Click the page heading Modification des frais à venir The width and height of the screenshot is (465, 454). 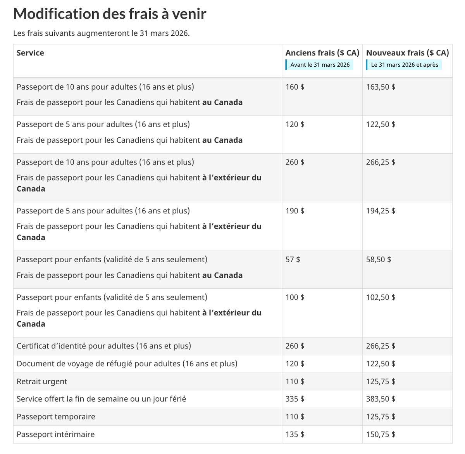point(110,14)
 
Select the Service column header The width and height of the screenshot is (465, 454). point(30,53)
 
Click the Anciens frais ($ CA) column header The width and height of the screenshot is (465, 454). point(322,53)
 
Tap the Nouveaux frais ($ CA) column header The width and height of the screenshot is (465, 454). point(407,53)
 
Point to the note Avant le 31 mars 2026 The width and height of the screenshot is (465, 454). point(320,65)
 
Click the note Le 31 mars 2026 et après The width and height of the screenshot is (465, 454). point(404,65)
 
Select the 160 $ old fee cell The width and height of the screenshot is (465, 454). point(295,87)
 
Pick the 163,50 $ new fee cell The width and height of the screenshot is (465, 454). point(381,87)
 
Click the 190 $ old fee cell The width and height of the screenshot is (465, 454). point(295,211)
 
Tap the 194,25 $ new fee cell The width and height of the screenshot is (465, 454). point(381,211)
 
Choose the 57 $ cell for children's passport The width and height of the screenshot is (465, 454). point(293,260)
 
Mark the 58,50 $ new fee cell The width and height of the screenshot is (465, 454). point(378,260)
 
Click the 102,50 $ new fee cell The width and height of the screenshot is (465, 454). point(381,298)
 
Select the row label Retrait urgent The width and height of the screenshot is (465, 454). point(42,382)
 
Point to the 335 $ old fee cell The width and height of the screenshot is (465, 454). point(295,399)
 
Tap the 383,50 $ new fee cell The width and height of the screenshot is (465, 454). point(381,399)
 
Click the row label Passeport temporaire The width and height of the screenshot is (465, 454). point(56,417)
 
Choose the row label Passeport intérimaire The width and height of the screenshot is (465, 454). point(55,435)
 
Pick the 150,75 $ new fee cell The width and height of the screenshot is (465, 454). point(381,435)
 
